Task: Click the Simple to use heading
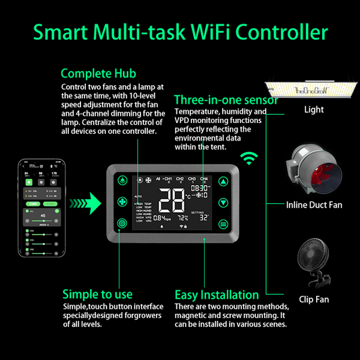pyautogui.click(x=97, y=294)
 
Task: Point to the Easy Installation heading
pyautogui.click(x=216, y=294)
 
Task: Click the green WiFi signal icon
pyautogui.click(x=251, y=159)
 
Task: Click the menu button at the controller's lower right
pyautogui.click(x=224, y=224)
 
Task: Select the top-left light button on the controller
pyautogui.click(x=122, y=180)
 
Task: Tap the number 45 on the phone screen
pyautogui.click(x=43, y=216)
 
